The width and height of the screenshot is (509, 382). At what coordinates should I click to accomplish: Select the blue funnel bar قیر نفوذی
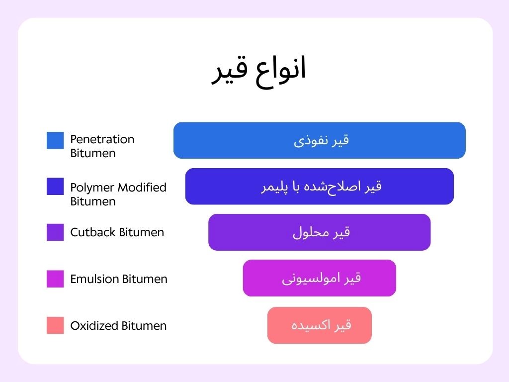click(x=320, y=140)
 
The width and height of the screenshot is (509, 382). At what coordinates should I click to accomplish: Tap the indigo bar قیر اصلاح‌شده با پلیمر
click(x=320, y=187)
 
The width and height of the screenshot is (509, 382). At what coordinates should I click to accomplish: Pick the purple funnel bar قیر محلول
click(x=320, y=232)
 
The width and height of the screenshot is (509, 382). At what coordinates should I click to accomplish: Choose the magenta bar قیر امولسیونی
click(x=320, y=278)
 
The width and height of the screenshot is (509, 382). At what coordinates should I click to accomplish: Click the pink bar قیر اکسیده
click(x=320, y=325)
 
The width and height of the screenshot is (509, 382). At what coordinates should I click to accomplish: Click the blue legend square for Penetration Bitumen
click(x=55, y=140)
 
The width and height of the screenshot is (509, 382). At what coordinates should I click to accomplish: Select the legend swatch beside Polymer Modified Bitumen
click(x=55, y=187)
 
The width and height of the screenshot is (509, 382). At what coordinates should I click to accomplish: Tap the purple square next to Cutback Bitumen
click(x=55, y=232)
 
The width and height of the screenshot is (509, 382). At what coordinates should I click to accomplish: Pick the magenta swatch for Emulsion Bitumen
click(x=55, y=279)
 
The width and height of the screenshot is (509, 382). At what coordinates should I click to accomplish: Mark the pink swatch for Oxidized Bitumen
click(x=55, y=325)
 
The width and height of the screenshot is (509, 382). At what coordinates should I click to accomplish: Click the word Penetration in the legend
click(x=102, y=139)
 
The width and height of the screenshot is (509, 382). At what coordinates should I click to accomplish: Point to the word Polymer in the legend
click(x=92, y=188)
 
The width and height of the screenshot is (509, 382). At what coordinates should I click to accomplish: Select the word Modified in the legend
click(x=142, y=187)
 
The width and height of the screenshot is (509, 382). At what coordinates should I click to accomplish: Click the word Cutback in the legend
click(x=93, y=232)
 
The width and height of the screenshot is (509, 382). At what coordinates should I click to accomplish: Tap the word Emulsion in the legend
click(x=94, y=279)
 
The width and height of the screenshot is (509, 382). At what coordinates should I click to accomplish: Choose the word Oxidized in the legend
click(x=94, y=325)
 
